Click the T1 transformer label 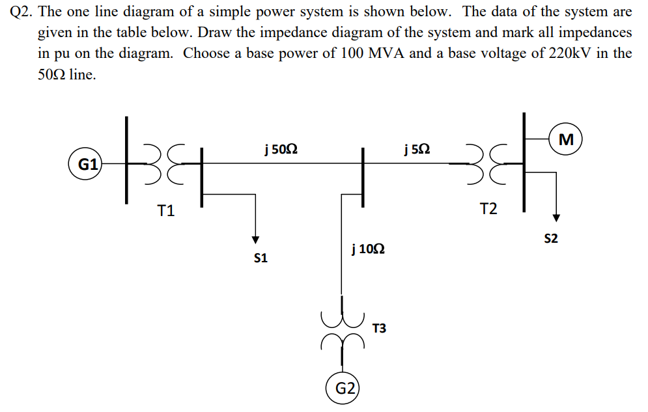(x=166, y=210)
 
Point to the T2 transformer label (x=488, y=209)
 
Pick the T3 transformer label (x=379, y=328)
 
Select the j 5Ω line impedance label (x=416, y=150)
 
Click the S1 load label (x=261, y=258)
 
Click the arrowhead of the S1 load (x=256, y=238)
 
